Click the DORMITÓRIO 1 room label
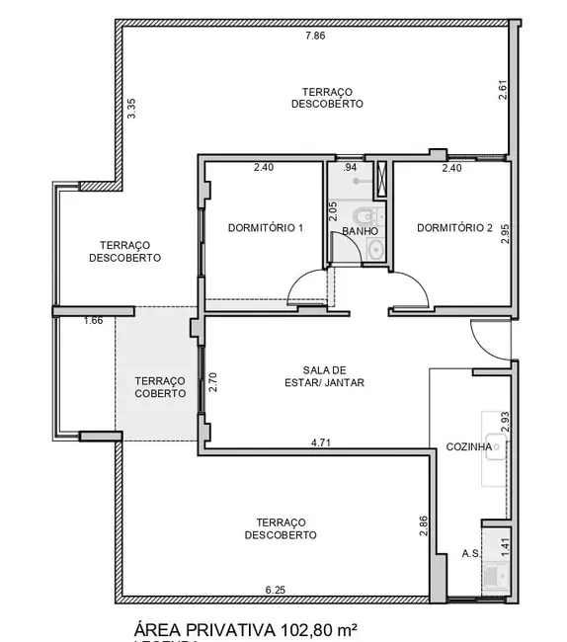[265, 228]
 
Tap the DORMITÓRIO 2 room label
[454, 228]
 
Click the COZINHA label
[469, 446]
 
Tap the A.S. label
[470, 554]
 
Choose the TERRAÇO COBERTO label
[160, 386]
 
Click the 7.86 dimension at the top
[314, 36]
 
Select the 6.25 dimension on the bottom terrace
[276, 590]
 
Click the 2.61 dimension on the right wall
[502, 91]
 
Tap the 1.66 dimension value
[93, 320]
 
